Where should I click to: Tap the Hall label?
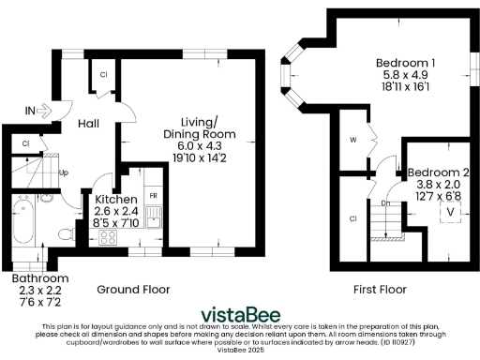click(89, 124)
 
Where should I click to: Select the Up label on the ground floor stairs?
click(64, 172)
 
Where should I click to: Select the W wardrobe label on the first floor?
click(353, 142)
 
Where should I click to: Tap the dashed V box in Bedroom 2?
click(452, 212)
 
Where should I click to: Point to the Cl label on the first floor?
click(353, 218)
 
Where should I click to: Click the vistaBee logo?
click(241, 312)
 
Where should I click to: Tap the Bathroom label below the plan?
click(39, 278)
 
